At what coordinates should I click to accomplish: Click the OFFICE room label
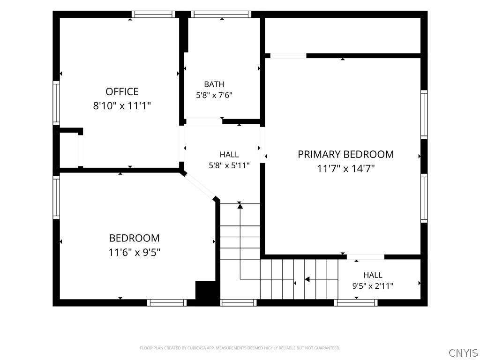(x=122, y=91)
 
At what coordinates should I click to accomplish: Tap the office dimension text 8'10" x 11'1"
(x=122, y=106)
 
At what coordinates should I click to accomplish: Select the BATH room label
(x=214, y=84)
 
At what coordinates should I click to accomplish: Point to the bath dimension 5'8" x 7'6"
(x=214, y=95)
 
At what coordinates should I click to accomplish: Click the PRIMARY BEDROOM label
(x=345, y=154)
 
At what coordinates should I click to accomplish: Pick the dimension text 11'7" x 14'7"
(x=345, y=168)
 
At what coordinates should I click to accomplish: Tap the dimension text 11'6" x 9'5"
(x=135, y=252)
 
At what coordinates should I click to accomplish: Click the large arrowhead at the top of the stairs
(x=240, y=206)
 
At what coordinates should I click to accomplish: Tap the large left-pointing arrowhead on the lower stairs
(x=307, y=279)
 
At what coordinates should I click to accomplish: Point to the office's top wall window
(x=153, y=15)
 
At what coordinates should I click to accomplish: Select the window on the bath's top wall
(x=221, y=15)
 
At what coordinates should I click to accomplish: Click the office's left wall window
(x=56, y=103)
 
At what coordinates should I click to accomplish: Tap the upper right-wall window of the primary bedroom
(x=424, y=114)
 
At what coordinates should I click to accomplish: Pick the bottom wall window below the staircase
(x=239, y=303)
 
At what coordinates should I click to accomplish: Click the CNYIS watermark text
(x=463, y=352)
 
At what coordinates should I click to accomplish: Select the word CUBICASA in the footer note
(x=199, y=348)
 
